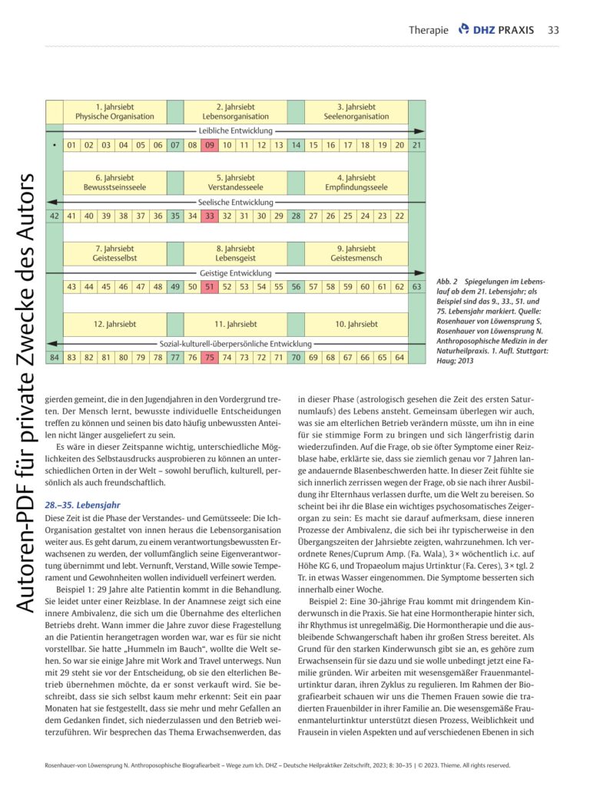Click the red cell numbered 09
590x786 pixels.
click(209, 145)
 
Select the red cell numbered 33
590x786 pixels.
click(209, 216)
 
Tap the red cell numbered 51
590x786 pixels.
click(209, 286)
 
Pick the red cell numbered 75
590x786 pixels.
click(209, 357)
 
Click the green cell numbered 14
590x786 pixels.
click(296, 145)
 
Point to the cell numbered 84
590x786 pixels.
click(54, 357)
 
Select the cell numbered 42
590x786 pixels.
click(54, 216)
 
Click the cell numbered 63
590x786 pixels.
click(417, 286)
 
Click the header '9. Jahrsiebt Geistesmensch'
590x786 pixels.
click(356, 253)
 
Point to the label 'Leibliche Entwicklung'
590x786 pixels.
click(235, 130)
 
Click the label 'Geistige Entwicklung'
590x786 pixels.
click(235, 272)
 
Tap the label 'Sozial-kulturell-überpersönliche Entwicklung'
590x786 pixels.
click(235, 343)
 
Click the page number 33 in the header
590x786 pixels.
click(552, 30)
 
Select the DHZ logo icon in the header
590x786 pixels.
click(463, 29)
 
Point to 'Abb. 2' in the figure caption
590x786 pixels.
click(445, 282)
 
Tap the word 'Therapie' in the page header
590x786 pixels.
click(428, 30)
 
